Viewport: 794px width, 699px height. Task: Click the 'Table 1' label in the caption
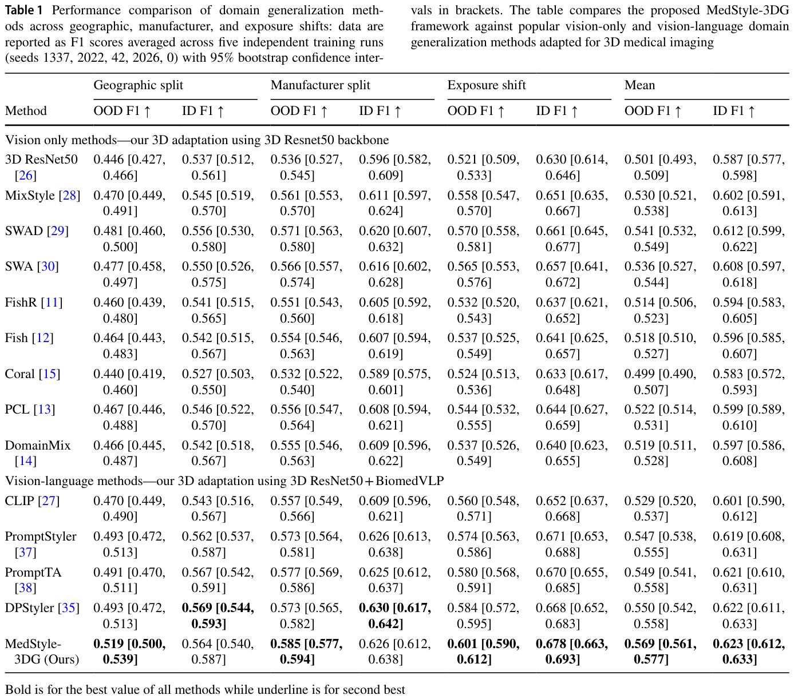23,10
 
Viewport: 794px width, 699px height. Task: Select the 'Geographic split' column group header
139,85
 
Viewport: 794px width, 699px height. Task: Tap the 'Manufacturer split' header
320,85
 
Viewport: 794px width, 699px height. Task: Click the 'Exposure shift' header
487,85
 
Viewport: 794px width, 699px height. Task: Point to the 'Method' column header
26,111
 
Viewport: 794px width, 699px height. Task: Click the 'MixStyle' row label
30,196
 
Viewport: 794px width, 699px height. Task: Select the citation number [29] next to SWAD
58,231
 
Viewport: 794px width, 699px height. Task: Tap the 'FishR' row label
21,303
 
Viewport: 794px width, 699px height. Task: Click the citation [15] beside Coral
49,374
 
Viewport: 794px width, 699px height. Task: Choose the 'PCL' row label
17,410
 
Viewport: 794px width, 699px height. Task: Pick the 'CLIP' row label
19,501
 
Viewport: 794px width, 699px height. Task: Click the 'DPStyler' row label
30,608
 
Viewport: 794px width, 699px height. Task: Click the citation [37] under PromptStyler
25,553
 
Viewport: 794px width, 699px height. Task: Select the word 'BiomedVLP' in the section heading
409,481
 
